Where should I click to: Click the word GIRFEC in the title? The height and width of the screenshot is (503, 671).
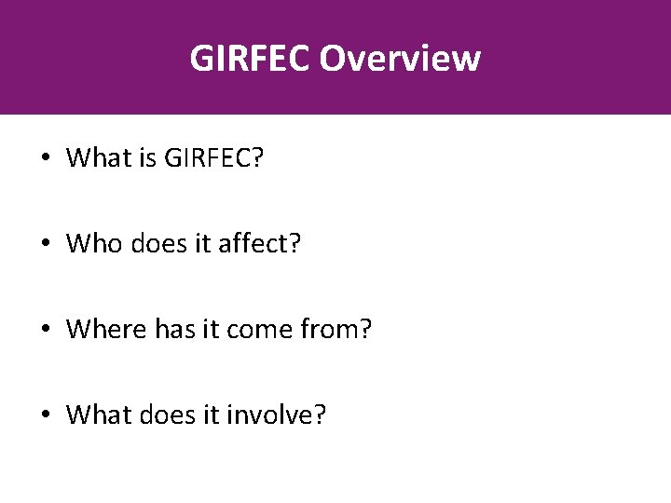pos(250,58)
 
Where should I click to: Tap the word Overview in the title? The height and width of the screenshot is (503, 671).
pos(400,58)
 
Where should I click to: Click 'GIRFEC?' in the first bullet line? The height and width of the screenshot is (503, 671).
pos(213,158)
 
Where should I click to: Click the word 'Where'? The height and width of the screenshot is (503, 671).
pos(102,329)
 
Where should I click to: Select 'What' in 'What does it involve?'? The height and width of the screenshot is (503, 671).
pos(93,414)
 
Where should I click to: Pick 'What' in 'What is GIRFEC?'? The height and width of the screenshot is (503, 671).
pos(93,158)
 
